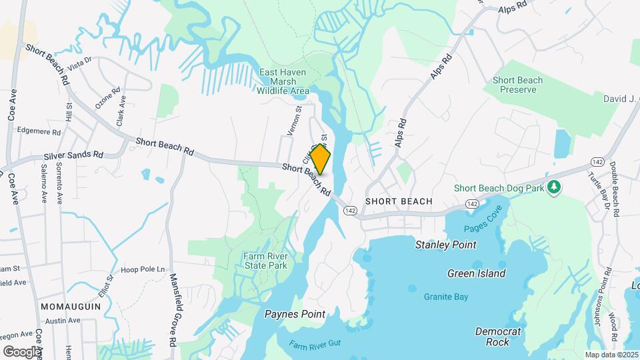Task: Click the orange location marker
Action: click(x=321, y=160)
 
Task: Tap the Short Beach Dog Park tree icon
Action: click(x=553, y=188)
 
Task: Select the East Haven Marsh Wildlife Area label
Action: click(x=284, y=81)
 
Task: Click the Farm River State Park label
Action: click(x=265, y=260)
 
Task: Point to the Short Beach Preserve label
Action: click(x=517, y=85)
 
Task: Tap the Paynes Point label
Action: click(x=295, y=314)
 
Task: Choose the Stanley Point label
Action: click(x=446, y=245)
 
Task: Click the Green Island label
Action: click(x=476, y=273)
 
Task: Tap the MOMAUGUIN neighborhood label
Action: click(x=71, y=305)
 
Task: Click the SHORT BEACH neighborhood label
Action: click(x=399, y=201)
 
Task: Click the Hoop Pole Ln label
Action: click(x=143, y=269)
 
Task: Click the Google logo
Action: click(x=21, y=351)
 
